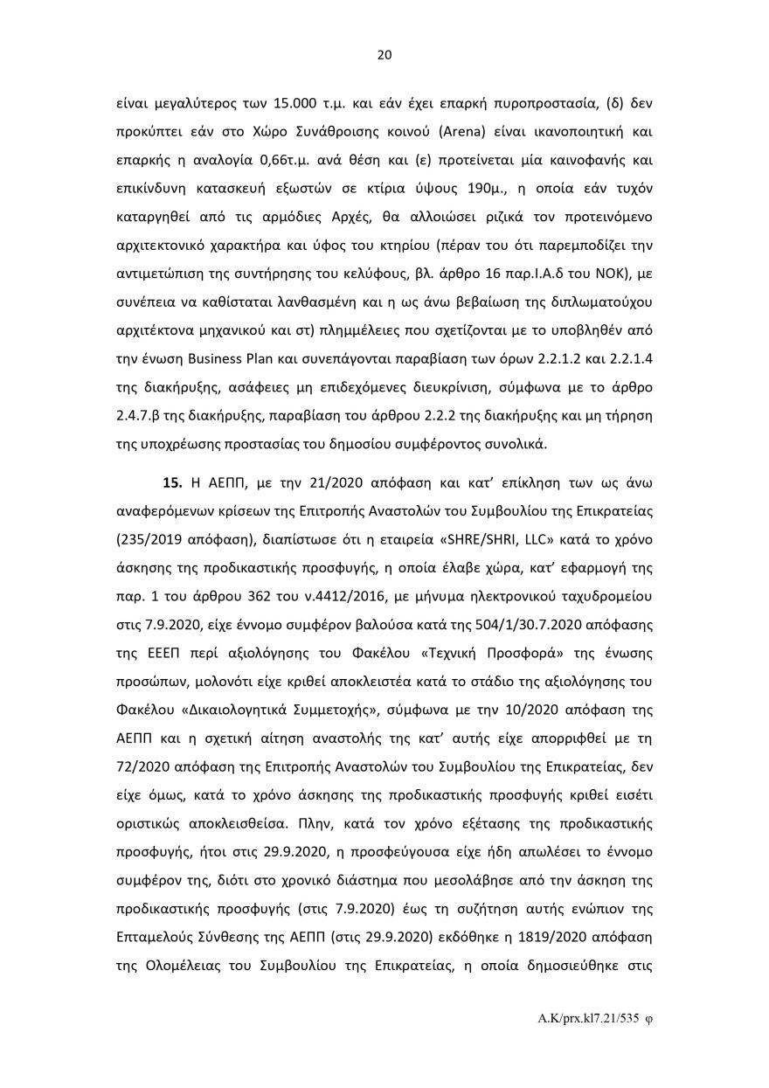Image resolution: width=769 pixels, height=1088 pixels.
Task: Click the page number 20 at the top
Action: point(384,55)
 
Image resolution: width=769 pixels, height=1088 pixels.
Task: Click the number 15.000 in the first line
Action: point(296,103)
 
